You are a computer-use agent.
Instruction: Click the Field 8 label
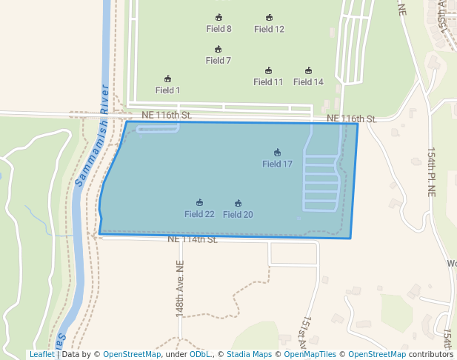pyautogui.click(x=219, y=29)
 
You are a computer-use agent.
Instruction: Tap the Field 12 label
pyautogui.click(x=269, y=29)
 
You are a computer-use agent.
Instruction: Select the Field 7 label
pyautogui.click(x=218, y=61)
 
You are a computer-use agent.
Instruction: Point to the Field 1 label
pyautogui.click(x=167, y=90)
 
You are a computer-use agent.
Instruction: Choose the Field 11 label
pyautogui.click(x=268, y=82)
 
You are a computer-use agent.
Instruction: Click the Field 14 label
pyautogui.click(x=308, y=82)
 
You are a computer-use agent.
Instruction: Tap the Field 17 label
pyautogui.click(x=277, y=164)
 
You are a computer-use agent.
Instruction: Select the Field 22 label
pyautogui.click(x=199, y=214)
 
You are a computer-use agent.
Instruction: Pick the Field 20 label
pyautogui.click(x=238, y=215)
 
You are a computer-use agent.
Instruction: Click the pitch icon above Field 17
pyautogui.click(x=277, y=153)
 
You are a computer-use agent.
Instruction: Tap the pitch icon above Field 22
pyautogui.click(x=199, y=202)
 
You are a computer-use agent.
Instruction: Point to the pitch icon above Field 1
pyautogui.click(x=167, y=79)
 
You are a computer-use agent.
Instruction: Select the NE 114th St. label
pyautogui.click(x=193, y=239)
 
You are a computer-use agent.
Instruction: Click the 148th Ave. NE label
pyautogui.click(x=179, y=289)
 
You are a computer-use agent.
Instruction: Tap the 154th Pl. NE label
pyautogui.click(x=432, y=171)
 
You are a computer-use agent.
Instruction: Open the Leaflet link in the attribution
pyautogui.click(x=41, y=354)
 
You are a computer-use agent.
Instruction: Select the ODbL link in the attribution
pyautogui.click(x=199, y=354)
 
